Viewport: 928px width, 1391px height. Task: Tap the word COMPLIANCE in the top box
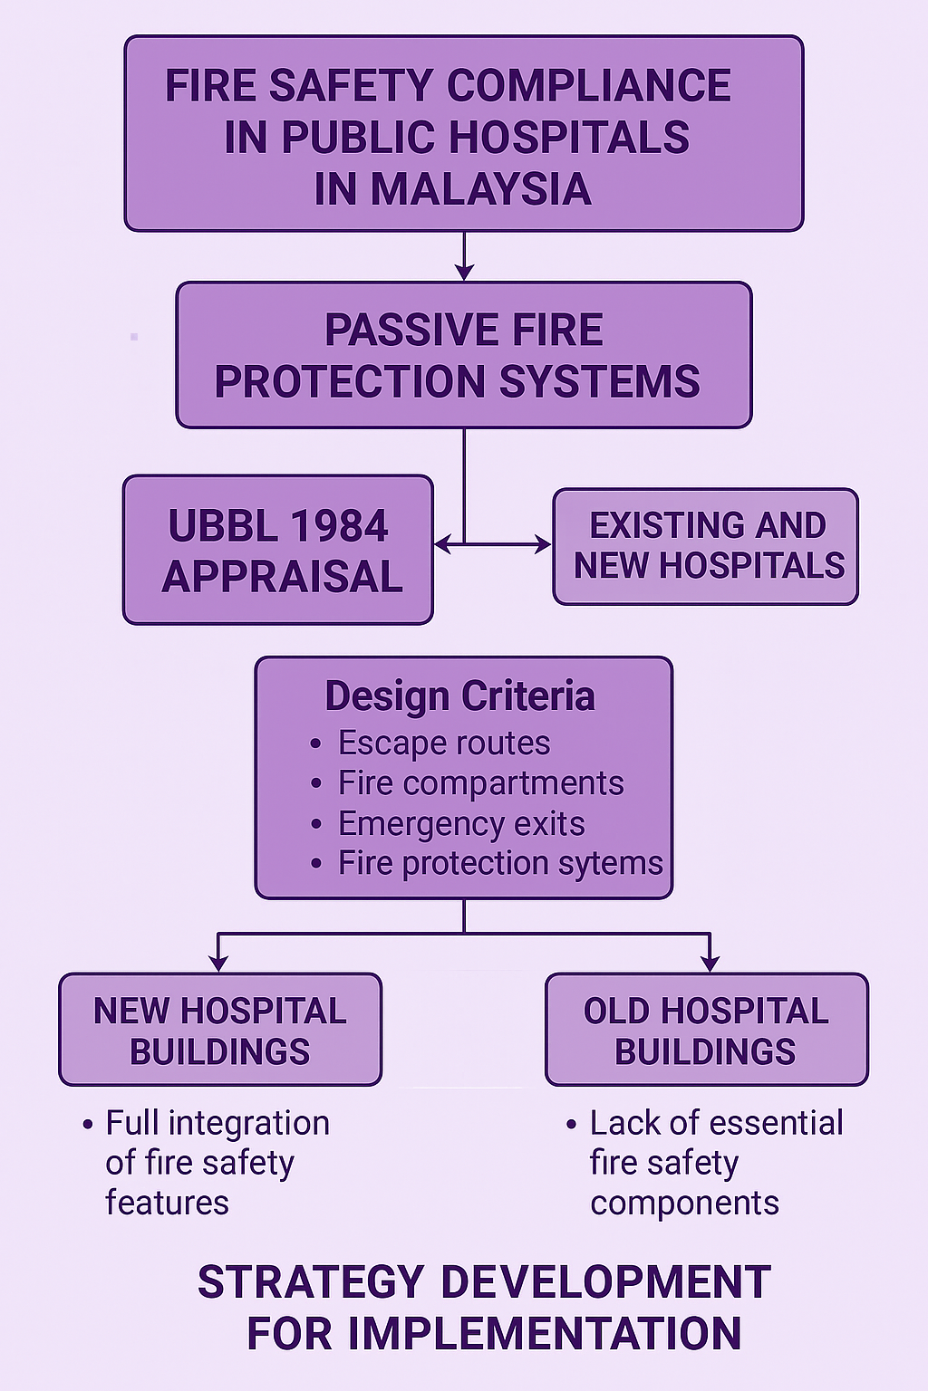tap(588, 85)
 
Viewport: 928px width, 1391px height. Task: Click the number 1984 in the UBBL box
tap(339, 526)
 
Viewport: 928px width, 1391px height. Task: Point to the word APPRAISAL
tap(282, 576)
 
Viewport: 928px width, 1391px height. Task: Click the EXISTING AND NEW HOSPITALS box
tap(705, 546)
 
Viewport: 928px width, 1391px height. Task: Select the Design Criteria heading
tap(460, 695)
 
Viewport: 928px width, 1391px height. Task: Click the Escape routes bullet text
tap(444, 743)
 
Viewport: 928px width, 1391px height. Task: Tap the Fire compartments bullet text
tap(481, 783)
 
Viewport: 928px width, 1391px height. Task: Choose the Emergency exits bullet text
tap(462, 824)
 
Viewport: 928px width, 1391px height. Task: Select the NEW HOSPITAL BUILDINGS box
tap(220, 1031)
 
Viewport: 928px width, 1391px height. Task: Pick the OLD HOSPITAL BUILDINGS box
tap(707, 1031)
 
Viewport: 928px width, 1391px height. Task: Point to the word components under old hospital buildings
tap(684, 1204)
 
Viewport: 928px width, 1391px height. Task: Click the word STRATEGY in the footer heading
tap(311, 1282)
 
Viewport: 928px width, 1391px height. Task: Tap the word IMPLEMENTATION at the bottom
tap(545, 1333)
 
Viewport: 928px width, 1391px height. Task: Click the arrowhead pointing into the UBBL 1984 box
tap(442, 544)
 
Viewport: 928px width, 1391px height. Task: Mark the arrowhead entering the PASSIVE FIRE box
tap(464, 272)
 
